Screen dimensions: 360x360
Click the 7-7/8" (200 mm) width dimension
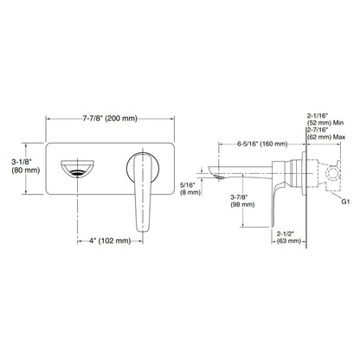(110, 119)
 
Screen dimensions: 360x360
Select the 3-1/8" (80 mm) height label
(26, 165)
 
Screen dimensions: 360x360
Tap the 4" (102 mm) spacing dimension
(110, 241)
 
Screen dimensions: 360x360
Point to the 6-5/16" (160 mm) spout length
(262, 144)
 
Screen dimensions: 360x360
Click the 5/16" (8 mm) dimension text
(190, 188)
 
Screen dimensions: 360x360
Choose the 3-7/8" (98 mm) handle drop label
(242, 201)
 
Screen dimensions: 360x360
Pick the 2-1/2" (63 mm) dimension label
(288, 237)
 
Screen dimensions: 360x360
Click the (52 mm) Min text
(325, 123)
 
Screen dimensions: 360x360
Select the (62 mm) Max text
(326, 137)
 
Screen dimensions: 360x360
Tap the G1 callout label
(345, 202)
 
